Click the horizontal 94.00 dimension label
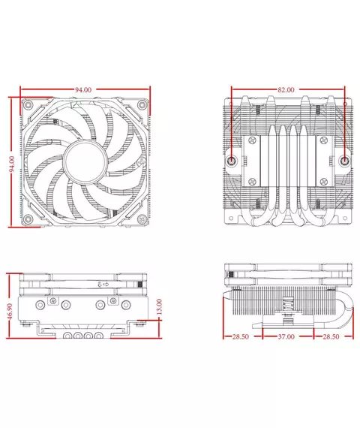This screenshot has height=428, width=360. (x=83, y=89)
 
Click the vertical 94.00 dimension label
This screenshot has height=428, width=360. (x=12, y=164)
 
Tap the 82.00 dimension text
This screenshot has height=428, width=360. (x=286, y=89)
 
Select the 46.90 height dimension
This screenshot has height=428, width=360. (x=10, y=312)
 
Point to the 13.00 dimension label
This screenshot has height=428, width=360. (x=159, y=306)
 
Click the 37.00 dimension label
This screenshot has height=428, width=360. (x=286, y=336)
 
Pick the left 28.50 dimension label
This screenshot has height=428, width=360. (x=241, y=336)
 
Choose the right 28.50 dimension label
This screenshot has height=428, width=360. (x=331, y=336)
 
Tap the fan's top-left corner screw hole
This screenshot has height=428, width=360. (x=28, y=104)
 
